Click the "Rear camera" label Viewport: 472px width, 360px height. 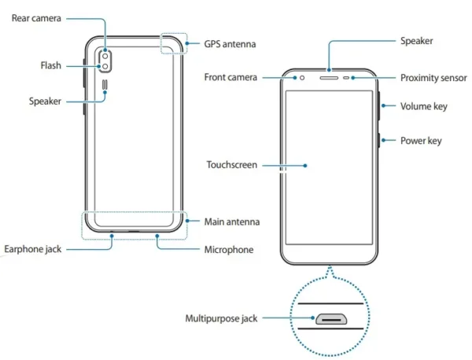[36, 18]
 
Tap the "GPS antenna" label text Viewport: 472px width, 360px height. [230, 44]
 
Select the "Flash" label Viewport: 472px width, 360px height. [51, 65]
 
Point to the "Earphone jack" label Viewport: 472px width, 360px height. [33, 249]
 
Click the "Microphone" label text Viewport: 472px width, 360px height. [229, 250]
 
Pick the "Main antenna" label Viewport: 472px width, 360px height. [232, 222]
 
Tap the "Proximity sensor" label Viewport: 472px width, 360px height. [433, 78]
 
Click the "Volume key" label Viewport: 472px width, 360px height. [424, 106]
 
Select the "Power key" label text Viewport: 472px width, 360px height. [421, 141]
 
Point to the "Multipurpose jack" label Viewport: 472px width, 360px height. [221, 318]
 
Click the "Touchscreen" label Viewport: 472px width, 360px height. [232, 165]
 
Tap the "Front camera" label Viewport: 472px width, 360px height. [230, 77]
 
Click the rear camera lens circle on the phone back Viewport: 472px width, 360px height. [105, 57]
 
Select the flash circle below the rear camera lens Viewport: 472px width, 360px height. [105, 67]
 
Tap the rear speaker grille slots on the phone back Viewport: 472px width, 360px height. [105, 86]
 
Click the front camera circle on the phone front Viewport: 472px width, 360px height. [302, 78]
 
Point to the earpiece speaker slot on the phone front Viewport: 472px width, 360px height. [329, 78]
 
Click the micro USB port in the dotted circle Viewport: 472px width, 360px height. [331, 319]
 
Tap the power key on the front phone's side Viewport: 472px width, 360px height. [378, 140]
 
